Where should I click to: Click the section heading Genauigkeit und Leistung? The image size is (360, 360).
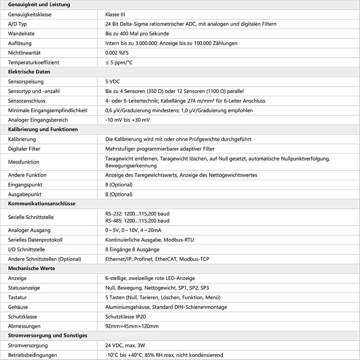(39, 5)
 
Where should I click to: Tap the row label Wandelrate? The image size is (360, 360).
(21, 34)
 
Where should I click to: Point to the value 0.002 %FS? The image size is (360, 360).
(117, 53)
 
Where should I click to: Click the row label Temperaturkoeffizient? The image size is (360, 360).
(34, 62)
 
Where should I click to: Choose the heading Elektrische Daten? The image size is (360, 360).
(29, 72)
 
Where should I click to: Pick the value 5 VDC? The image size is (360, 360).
(113, 82)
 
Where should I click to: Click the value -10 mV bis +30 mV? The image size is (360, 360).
(128, 120)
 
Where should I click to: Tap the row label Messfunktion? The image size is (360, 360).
(24, 162)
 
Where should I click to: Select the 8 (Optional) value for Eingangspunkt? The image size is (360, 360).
(119, 185)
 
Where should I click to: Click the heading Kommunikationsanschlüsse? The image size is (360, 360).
(42, 204)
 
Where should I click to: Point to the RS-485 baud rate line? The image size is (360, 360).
(137, 221)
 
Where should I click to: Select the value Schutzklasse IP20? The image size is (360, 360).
(128, 317)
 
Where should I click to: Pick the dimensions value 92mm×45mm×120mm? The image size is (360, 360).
(132, 326)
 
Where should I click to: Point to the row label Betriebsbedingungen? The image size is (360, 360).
(33, 355)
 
